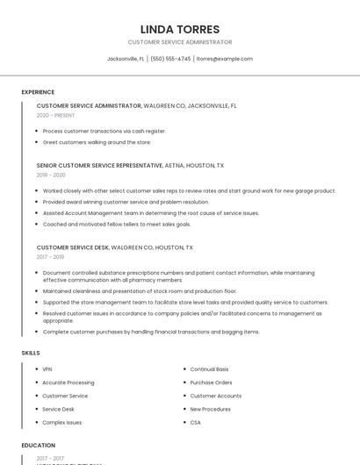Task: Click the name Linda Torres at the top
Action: pyautogui.click(x=180, y=29)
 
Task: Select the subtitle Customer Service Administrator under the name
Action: pyautogui.click(x=180, y=42)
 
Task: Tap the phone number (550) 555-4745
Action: pyautogui.click(x=170, y=59)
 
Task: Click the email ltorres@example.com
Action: pyautogui.click(x=225, y=59)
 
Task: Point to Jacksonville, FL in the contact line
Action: pyautogui.click(x=126, y=59)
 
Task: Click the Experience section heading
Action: pyautogui.click(x=38, y=92)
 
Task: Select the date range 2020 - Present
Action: pyautogui.click(x=55, y=115)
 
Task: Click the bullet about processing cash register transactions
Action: pyautogui.click(x=104, y=131)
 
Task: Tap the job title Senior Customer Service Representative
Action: pyautogui.click(x=99, y=165)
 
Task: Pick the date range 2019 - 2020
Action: pyautogui.click(x=51, y=175)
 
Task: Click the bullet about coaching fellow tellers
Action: pyautogui.click(x=116, y=224)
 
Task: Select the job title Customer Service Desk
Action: pyautogui.click(x=73, y=247)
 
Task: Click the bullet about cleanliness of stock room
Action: pyautogui.click(x=140, y=290)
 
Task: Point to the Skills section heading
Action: pyautogui.click(x=31, y=353)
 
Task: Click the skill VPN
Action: pyautogui.click(x=47, y=369)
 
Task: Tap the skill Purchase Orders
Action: pyautogui.click(x=211, y=383)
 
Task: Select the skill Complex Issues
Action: pyautogui.click(x=61, y=422)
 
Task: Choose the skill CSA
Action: pyautogui.click(x=195, y=422)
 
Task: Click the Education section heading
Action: pyautogui.click(x=38, y=446)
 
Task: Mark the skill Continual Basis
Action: pyautogui.click(x=209, y=369)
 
